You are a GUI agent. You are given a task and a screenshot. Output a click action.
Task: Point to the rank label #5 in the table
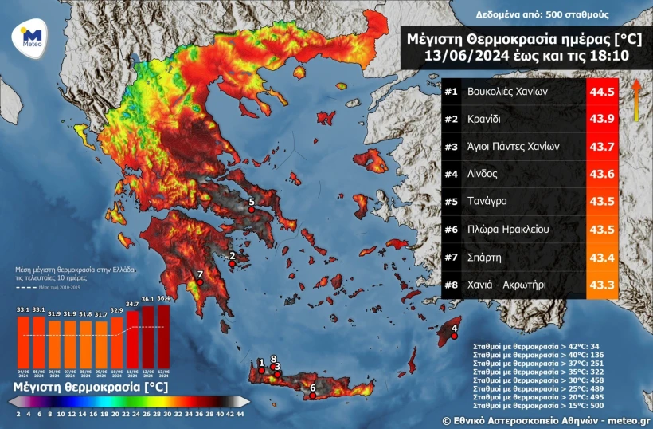pos(452,202)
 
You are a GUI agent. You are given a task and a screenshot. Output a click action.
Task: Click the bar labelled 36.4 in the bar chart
pos(163,335)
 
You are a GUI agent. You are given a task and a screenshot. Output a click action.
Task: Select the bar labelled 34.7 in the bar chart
pos(132,338)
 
